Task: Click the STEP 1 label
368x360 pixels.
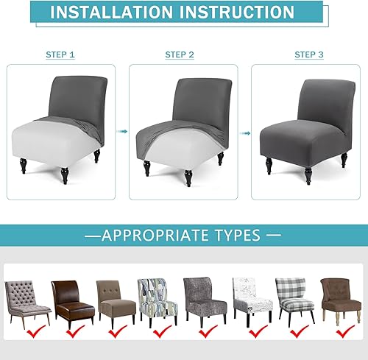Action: [60, 55]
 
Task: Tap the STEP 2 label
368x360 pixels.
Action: [180, 55]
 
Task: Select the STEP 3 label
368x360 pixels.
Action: [309, 55]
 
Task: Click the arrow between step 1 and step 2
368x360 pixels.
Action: [123, 132]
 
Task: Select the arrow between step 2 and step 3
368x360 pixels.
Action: [245, 132]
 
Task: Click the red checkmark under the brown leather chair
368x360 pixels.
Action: [74, 333]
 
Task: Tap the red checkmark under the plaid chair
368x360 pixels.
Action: [297, 333]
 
